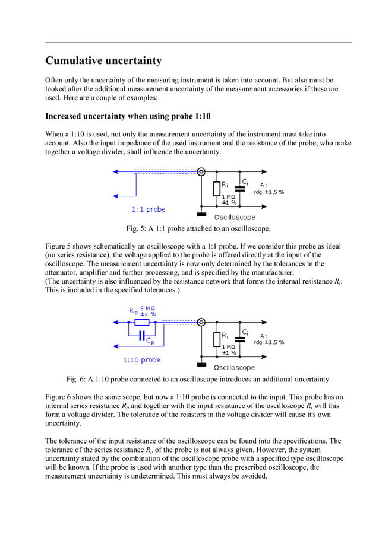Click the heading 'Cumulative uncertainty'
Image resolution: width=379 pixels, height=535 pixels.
(103, 61)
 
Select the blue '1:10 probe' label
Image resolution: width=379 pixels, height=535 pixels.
(141, 360)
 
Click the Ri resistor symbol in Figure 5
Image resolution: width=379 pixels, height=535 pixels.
(217, 189)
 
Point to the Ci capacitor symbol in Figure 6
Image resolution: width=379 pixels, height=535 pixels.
(240, 339)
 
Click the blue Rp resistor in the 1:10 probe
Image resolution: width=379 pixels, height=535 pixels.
(141, 323)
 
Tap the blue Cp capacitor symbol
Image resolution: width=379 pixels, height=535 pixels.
(141, 336)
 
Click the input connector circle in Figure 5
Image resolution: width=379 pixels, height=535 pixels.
(201, 171)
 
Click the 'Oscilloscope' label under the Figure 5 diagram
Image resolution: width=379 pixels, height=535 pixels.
(234, 218)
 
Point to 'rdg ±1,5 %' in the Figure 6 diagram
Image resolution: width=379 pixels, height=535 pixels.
(269, 342)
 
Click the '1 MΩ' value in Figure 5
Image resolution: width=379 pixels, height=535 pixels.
(229, 196)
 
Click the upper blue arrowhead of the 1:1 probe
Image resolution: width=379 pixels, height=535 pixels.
(117, 171)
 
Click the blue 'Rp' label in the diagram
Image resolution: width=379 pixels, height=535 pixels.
(133, 311)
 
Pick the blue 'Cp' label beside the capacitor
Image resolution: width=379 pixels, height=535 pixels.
(151, 342)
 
